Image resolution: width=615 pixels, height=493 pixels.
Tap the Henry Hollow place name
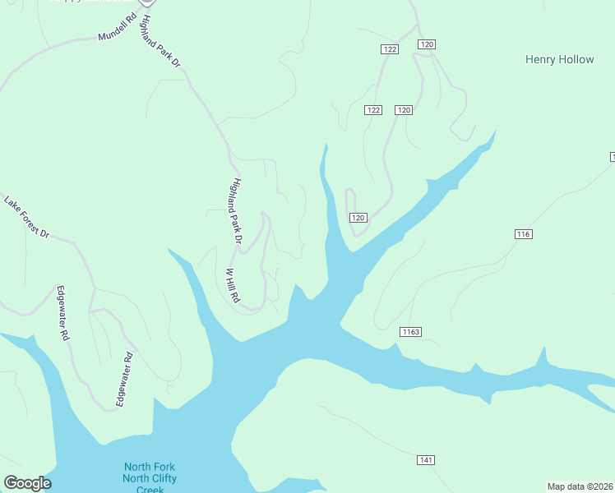559,60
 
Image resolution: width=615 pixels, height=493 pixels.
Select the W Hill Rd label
233,284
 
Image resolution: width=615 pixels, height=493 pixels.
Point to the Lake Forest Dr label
27,217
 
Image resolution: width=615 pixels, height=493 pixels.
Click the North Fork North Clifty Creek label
150,478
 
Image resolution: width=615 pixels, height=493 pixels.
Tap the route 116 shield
524,234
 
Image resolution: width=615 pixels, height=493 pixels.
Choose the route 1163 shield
411,332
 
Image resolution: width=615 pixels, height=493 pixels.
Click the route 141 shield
425,460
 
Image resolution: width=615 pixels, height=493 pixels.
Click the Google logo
27,483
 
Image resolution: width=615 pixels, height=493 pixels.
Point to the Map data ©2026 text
580,486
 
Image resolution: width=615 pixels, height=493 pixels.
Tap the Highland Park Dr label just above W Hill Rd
237,211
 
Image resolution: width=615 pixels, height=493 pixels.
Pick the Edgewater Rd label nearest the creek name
125,380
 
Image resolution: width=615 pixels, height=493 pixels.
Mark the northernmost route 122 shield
390,50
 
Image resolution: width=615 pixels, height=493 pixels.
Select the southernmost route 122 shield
374,110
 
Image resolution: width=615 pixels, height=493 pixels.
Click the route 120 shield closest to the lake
358,217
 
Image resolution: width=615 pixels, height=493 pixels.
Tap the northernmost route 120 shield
426,44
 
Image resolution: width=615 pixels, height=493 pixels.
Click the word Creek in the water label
150,490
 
